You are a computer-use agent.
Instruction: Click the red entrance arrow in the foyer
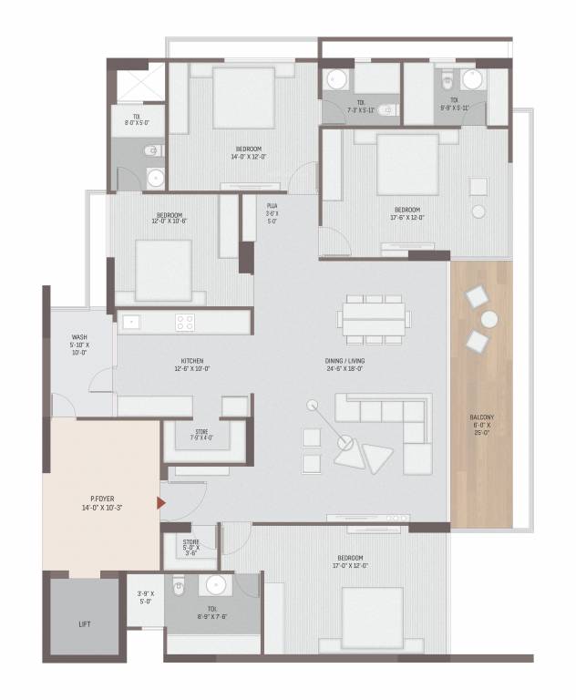point(161,502)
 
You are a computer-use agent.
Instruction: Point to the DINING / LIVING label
point(347,364)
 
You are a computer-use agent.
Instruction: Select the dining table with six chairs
point(374,319)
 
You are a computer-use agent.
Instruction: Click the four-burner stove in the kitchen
point(185,322)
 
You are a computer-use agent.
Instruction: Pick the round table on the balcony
point(489,319)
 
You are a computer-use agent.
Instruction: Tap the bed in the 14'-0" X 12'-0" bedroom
point(243,98)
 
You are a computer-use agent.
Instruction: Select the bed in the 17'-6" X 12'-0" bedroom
point(407,164)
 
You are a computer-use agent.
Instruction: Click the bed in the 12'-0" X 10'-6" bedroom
point(164,270)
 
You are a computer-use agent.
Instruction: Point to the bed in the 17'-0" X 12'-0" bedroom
point(373,620)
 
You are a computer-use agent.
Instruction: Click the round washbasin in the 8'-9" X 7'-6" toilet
point(217,584)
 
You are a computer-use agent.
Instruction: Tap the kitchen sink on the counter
point(130,321)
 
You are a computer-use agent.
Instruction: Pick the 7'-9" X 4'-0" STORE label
point(201,436)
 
